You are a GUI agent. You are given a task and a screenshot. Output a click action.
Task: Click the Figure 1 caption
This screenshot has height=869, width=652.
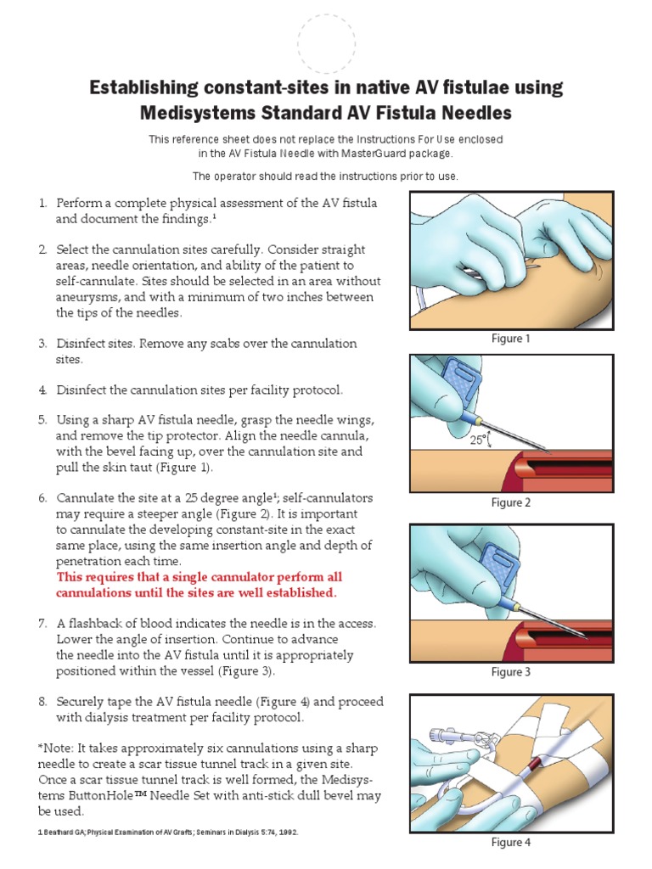click(x=510, y=339)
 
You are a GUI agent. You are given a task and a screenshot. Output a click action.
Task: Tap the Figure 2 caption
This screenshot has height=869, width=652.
click(x=510, y=502)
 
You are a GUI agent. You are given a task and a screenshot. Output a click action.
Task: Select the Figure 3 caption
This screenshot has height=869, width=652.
click(x=510, y=672)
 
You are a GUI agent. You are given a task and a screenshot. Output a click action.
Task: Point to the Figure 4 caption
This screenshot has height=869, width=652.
click(x=510, y=843)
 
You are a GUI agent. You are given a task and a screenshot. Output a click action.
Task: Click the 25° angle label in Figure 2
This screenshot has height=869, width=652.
click(x=477, y=440)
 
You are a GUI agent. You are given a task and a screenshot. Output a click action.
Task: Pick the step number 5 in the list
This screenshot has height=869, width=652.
click(x=42, y=419)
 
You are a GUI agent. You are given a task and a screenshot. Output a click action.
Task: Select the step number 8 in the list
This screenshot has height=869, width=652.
click(x=42, y=702)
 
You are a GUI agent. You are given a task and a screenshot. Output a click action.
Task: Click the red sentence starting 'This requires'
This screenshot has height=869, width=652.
click(x=199, y=585)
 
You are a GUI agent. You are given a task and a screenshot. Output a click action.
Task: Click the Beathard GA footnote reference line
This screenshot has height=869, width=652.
click(x=168, y=833)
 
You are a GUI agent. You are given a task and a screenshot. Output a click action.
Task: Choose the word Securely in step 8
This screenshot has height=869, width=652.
click(x=81, y=702)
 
